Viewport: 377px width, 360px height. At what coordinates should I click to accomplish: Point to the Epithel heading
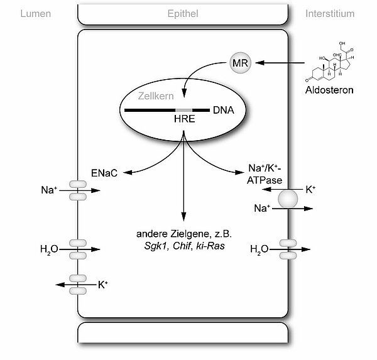[183, 13]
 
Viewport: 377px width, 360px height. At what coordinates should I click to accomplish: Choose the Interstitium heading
[329, 13]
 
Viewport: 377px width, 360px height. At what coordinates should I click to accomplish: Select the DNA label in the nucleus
[223, 111]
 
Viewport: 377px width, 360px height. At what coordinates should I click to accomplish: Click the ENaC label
[104, 172]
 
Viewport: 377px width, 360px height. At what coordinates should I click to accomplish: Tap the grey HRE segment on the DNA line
[183, 111]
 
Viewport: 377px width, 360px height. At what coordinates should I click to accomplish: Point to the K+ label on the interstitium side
[310, 188]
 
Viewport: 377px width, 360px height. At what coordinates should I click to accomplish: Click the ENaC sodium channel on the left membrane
[77, 190]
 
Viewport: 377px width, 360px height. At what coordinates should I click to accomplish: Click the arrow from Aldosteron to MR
[283, 63]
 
